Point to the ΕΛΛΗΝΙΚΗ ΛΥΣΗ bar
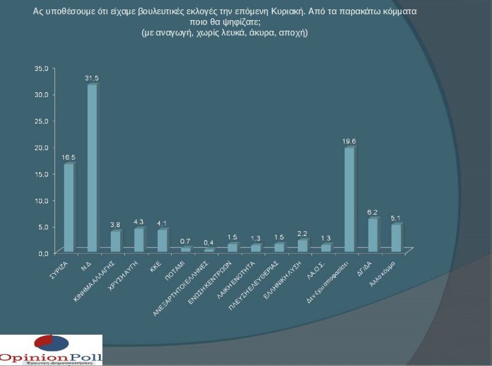pos(302,245)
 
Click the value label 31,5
pos(92,79)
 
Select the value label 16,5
pos(69,158)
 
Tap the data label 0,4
pos(209,243)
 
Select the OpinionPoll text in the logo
pos(51,357)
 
